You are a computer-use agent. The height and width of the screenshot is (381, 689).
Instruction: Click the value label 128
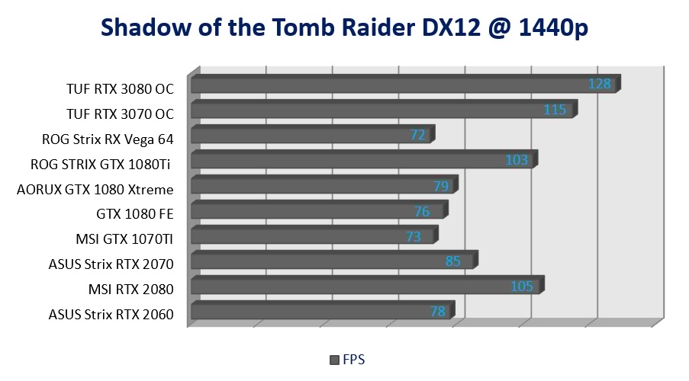coord(600,84)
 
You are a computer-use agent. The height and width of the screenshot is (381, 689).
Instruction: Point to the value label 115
coord(555,110)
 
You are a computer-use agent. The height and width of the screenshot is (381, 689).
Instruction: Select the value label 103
coord(517,160)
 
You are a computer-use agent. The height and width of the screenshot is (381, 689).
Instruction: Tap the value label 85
coord(453,262)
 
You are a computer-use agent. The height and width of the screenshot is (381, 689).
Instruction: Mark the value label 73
coord(414,237)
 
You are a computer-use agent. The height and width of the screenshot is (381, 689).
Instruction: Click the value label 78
coord(437,312)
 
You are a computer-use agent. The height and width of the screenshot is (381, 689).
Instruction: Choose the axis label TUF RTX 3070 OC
coord(120,114)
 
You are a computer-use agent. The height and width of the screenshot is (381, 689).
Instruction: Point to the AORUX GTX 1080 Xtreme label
coord(95,189)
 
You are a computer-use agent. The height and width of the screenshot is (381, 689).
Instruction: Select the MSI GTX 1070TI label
coord(124,239)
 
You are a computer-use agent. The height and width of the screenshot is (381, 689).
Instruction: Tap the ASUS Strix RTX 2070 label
coord(111,264)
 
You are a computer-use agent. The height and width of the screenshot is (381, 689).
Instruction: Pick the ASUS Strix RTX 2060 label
coord(111,314)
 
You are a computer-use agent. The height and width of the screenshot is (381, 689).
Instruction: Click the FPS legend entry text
coord(354,359)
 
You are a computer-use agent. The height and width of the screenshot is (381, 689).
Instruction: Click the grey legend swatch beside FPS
coord(333,360)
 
